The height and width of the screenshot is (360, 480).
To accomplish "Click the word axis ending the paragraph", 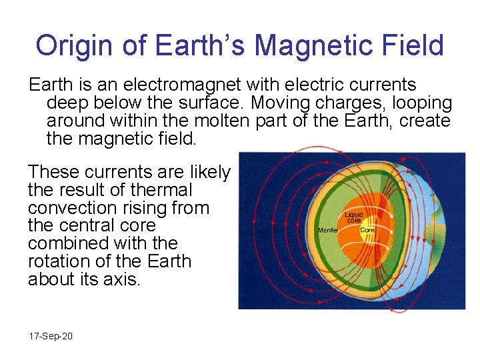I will coord(122,279).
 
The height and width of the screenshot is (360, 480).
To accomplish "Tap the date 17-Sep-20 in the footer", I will coord(51,336).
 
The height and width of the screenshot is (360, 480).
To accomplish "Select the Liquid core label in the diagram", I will coord(353,217).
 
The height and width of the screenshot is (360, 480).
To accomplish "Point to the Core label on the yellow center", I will coord(368,230).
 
